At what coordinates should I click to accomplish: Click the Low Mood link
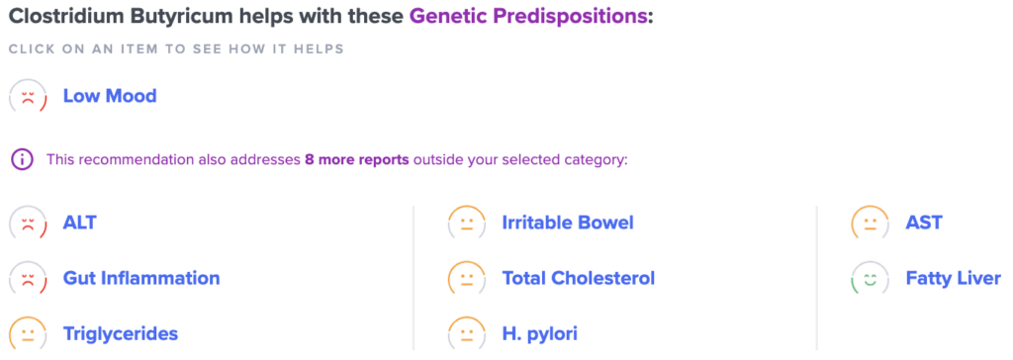[x=110, y=96]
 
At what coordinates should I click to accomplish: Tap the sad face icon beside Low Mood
[x=28, y=97]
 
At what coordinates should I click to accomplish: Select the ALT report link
[x=79, y=223]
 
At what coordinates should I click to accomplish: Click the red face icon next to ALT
[x=28, y=224]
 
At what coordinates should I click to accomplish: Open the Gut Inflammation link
[x=141, y=279]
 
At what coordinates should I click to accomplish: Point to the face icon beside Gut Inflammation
[x=28, y=279]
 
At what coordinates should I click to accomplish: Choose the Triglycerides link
[x=120, y=334]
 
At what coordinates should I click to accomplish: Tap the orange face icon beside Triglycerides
[x=28, y=334]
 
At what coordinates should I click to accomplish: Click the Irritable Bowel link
[x=568, y=223]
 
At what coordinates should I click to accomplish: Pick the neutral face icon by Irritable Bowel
[x=467, y=224]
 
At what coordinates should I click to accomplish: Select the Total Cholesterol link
[x=579, y=279]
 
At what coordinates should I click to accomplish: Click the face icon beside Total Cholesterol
[x=467, y=279]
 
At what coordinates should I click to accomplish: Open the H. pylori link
[x=539, y=334]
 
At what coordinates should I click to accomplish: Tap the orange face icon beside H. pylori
[x=467, y=334]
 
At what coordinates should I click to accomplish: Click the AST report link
[x=924, y=223]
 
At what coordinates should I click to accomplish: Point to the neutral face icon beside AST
[x=871, y=224]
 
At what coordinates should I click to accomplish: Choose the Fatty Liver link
[x=954, y=279]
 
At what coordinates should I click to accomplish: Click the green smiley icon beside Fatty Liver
[x=871, y=279]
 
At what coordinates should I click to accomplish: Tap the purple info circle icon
[x=22, y=159]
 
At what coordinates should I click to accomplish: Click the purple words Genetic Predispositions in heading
[x=528, y=17]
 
